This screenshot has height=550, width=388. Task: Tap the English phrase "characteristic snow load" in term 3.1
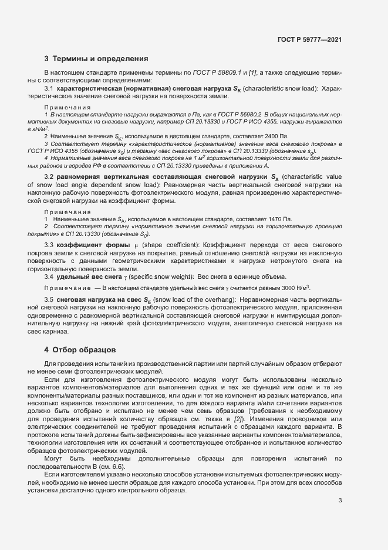[278, 88]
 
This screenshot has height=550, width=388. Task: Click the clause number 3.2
[49, 177]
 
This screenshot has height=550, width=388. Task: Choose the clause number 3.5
[49, 299]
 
